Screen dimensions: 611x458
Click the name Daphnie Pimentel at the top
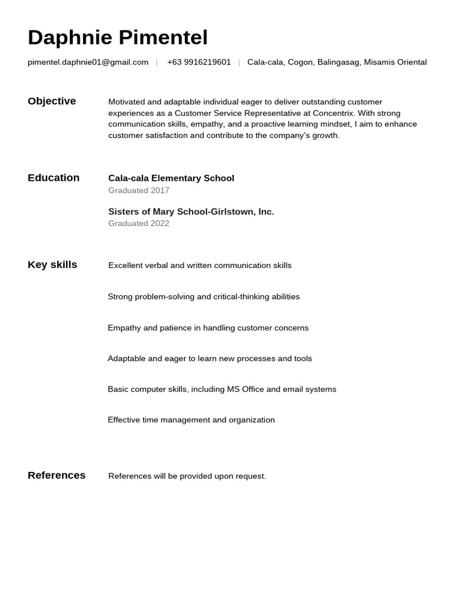117,38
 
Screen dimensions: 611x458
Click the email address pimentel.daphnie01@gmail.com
88,62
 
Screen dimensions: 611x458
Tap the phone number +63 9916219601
199,62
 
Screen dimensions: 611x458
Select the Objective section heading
52,101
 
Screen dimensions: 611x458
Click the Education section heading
54,178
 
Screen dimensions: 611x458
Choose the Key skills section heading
52,265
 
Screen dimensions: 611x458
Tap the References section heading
57,476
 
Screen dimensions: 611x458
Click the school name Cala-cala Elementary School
171,178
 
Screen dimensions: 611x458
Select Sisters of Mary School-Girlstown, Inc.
191,212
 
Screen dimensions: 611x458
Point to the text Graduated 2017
138,190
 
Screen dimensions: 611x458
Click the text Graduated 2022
138,224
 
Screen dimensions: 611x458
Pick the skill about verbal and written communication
200,266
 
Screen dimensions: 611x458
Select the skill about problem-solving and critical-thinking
203,297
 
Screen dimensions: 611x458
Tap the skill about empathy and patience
208,328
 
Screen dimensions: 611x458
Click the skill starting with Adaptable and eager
209,359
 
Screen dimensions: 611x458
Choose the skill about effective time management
191,420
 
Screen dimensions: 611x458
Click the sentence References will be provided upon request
187,476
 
